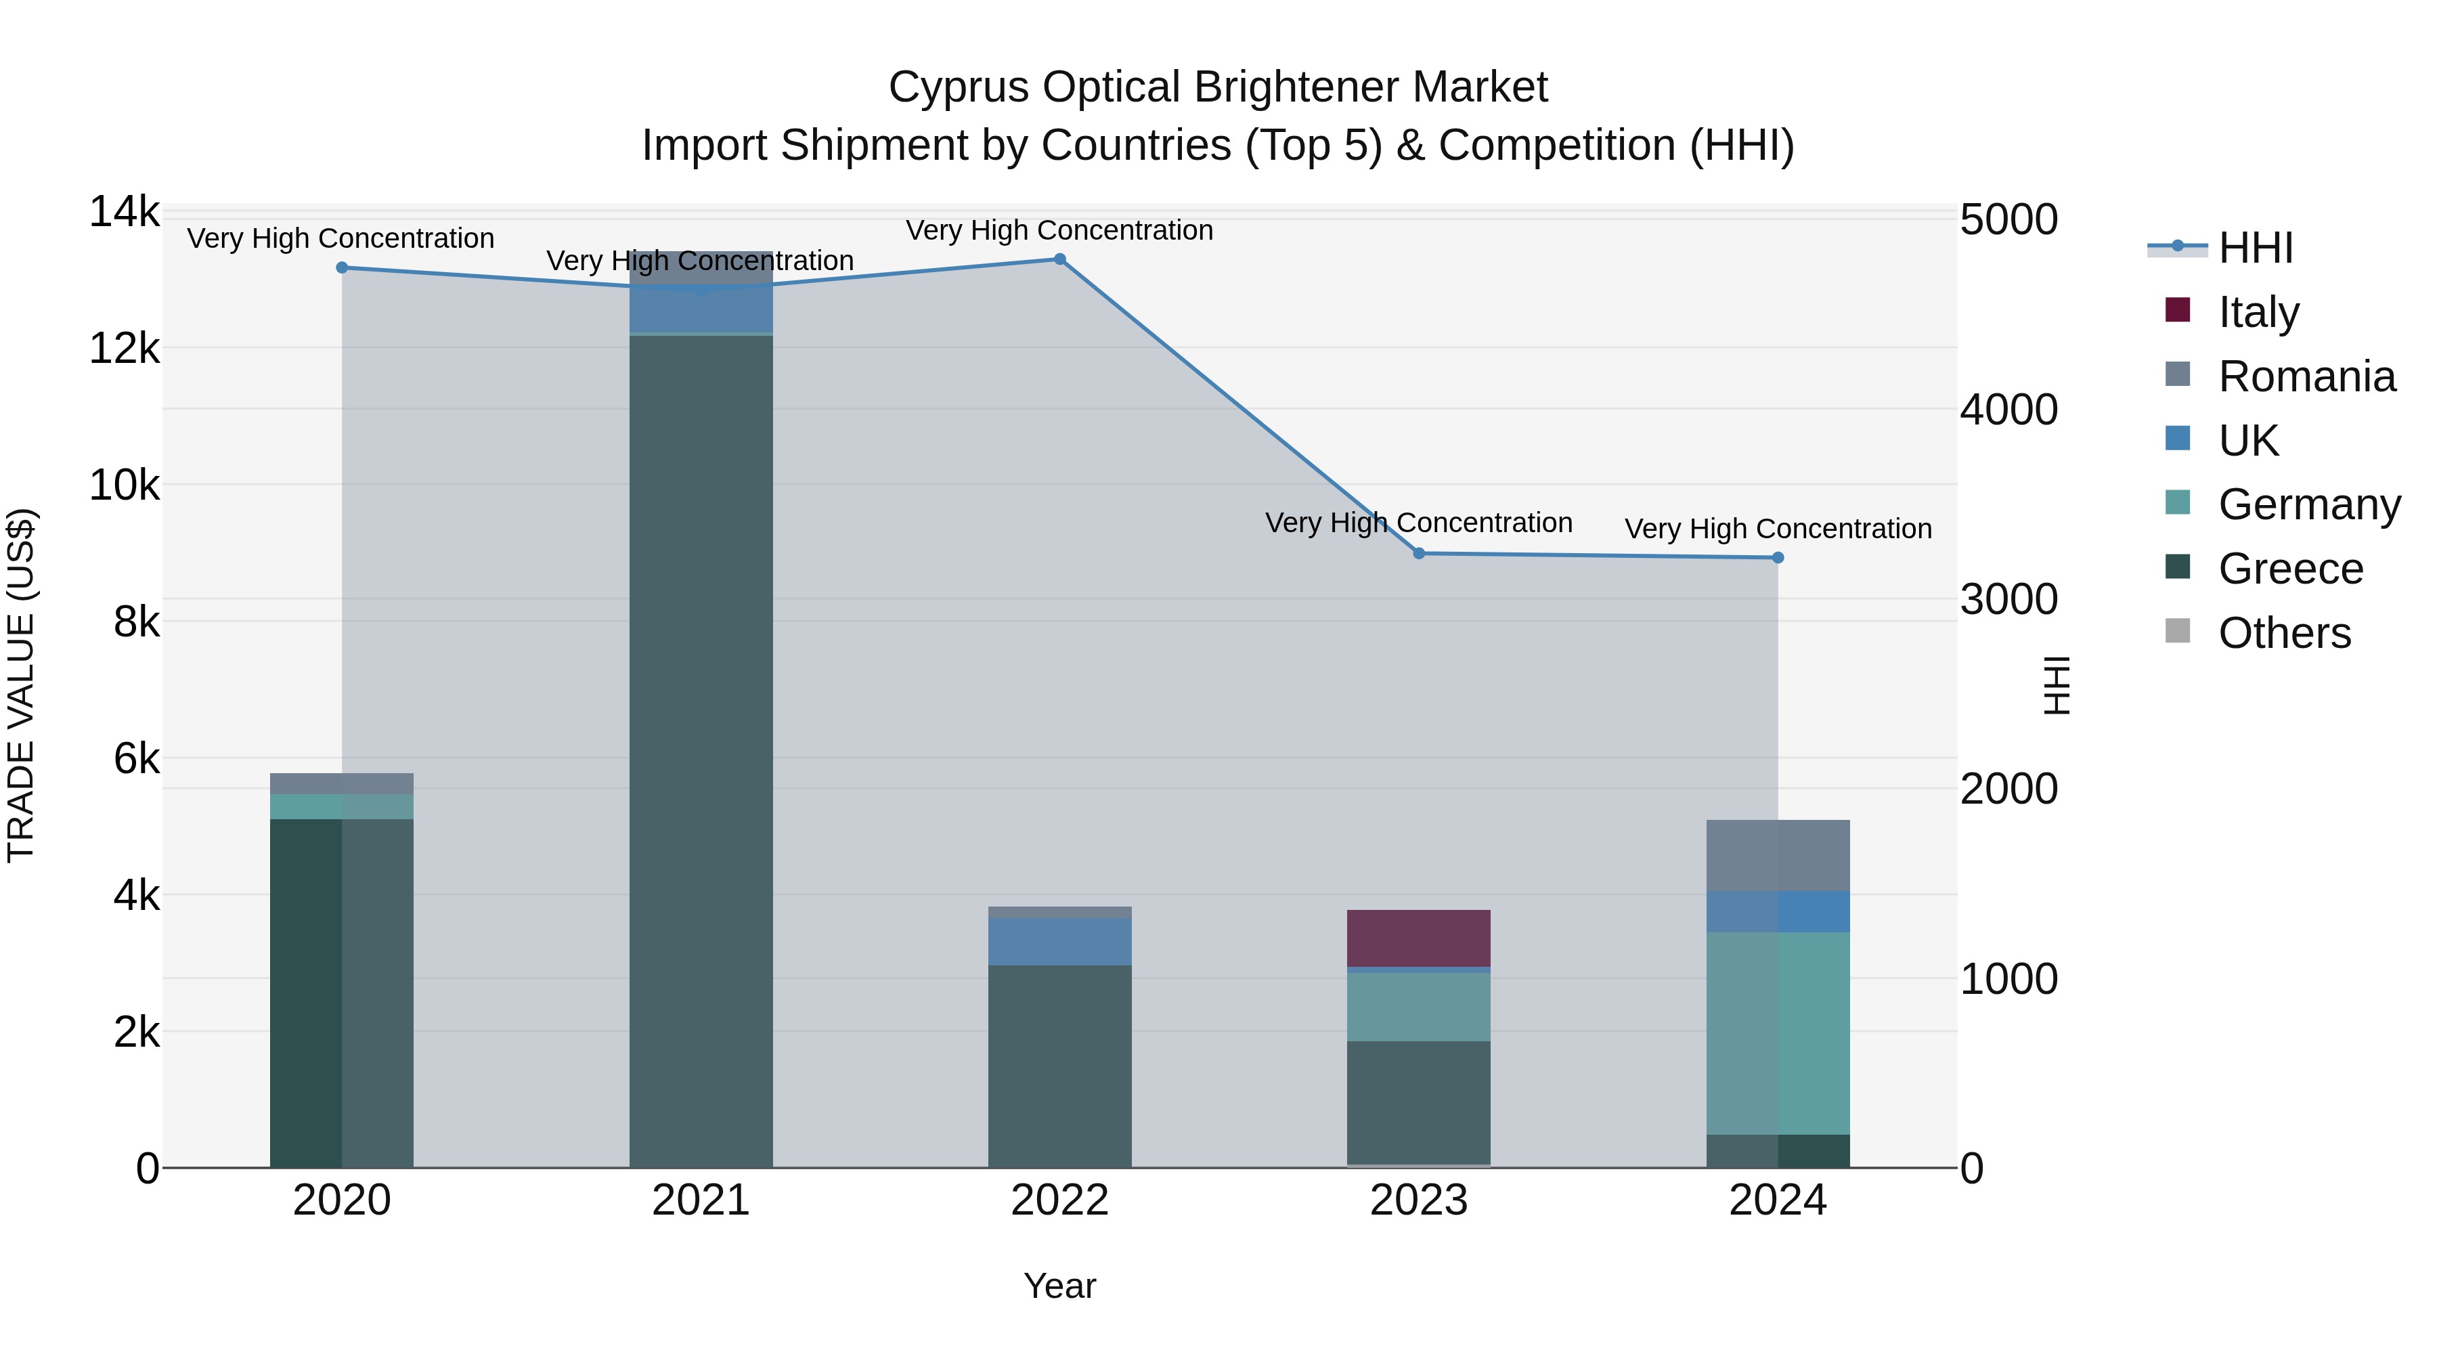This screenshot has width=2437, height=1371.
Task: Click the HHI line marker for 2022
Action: coord(1059,259)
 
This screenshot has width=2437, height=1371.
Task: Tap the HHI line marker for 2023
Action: coord(1419,554)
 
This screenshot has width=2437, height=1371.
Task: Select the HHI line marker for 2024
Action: coord(1778,559)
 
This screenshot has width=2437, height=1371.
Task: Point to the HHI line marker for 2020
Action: coord(343,267)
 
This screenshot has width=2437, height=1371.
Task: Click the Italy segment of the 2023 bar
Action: coord(1419,938)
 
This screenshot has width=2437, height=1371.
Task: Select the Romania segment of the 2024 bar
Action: coord(1778,855)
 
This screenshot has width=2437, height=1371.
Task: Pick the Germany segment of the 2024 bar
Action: coord(1778,1033)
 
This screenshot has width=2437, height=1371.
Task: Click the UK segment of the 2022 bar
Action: coord(1059,942)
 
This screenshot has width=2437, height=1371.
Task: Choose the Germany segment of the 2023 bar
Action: coord(1419,1007)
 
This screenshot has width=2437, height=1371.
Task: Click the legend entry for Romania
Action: coord(2306,376)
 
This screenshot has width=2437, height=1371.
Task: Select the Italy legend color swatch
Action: coord(2178,310)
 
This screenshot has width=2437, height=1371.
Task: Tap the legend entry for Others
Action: coord(2284,633)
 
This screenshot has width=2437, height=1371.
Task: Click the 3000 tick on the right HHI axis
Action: coord(2008,600)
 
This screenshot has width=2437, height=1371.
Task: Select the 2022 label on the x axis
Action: coord(1059,1200)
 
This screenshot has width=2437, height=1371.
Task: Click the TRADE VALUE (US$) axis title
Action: coord(22,685)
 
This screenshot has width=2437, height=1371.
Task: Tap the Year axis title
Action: coord(1059,1286)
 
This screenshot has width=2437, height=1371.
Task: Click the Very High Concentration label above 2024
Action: coord(1778,529)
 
